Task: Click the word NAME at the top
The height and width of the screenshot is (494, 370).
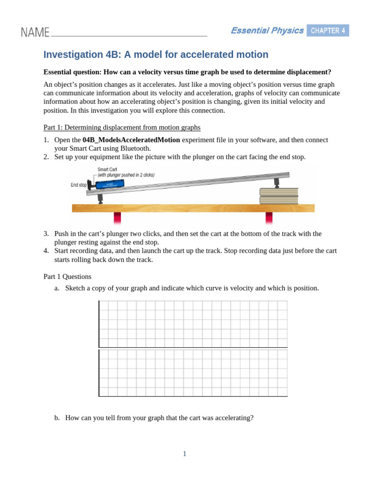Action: pos(35,32)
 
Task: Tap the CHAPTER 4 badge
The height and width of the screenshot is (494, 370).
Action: pos(328,31)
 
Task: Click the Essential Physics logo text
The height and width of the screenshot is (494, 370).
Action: pos(267,31)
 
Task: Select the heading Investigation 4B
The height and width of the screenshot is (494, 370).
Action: pos(156,55)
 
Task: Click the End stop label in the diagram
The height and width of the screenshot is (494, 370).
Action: pos(79,185)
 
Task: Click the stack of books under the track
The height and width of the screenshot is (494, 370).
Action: pos(278,196)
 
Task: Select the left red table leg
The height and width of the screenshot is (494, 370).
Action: pos(117,218)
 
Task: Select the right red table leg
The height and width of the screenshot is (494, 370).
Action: pos(268,218)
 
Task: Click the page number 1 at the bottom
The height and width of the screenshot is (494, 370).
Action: pos(185,453)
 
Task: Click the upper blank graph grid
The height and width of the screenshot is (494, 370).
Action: pos(193,324)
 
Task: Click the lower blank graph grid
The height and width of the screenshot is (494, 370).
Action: pos(193,373)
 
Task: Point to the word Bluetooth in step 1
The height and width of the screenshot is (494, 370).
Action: pos(134,148)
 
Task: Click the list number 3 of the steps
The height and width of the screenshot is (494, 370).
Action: pos(46,233)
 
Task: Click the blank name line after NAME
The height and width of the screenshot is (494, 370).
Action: pos(129,35)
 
